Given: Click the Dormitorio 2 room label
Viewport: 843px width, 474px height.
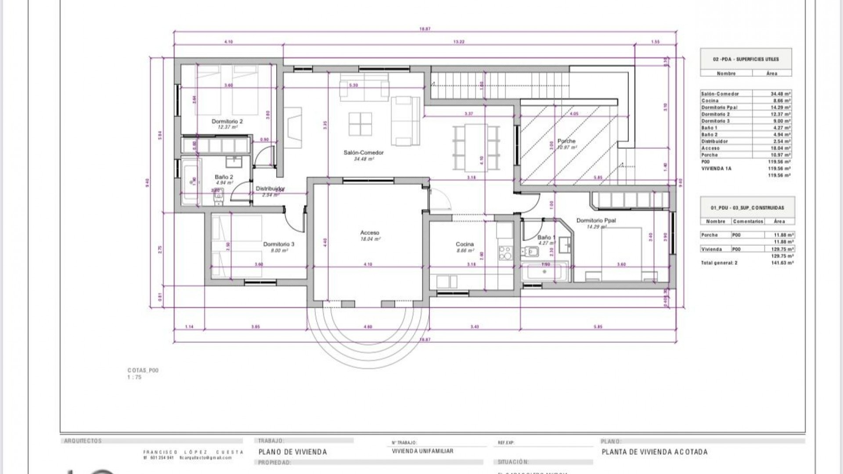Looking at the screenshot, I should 227,121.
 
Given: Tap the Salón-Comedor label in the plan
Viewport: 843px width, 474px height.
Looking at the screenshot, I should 364,153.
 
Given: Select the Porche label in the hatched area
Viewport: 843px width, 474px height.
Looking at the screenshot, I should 566,141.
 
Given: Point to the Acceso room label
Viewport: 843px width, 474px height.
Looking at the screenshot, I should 370,233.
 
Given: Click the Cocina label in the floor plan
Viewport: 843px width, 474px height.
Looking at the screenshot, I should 465,244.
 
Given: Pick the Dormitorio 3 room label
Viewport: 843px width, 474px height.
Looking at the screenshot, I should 279,244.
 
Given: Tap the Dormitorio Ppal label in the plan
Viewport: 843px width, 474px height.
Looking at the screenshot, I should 596,221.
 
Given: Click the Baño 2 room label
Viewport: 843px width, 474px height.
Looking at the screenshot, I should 224,177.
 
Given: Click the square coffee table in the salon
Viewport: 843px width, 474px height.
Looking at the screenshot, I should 360,124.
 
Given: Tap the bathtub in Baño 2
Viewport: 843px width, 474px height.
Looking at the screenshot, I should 191,181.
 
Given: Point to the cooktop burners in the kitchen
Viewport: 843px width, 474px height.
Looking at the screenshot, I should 505,253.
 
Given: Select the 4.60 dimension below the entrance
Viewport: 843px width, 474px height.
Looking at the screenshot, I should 368,327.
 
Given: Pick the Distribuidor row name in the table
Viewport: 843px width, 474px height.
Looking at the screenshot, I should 715,141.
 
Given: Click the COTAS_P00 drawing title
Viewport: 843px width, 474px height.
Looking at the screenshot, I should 143,370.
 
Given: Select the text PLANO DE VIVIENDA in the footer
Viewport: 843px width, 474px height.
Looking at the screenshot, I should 293,452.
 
